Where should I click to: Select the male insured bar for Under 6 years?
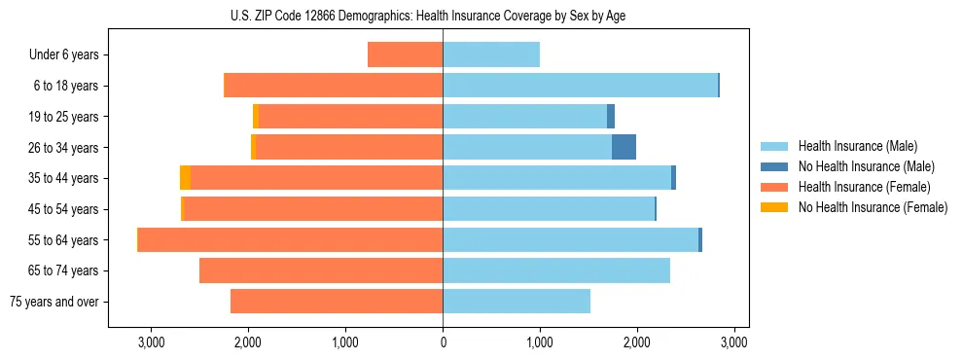491,54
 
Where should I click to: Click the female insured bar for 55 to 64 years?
290,239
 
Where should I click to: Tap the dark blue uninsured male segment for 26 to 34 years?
624,147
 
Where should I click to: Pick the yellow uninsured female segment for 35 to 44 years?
185,178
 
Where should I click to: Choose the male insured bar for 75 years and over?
517,302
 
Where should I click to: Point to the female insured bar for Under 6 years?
405,54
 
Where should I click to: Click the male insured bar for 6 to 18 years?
580,86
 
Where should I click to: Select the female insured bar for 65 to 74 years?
321,270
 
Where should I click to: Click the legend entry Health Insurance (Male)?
856,147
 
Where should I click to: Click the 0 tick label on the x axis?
443,342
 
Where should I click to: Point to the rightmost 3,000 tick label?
733,342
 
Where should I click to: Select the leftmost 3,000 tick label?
152,342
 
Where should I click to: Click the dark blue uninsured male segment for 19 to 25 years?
611,117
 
